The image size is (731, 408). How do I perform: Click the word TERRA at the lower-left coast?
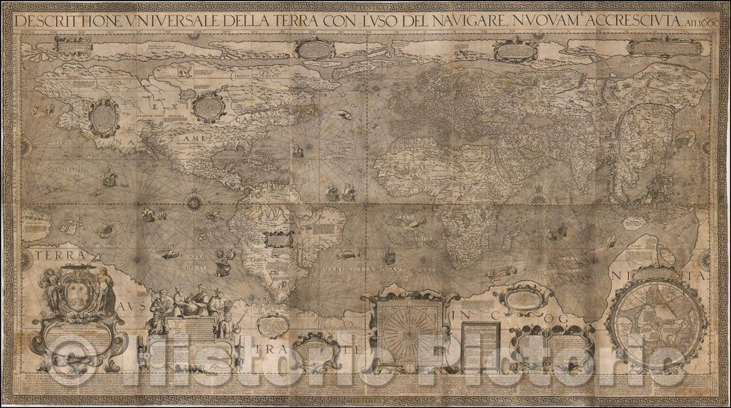click(x=54, y=256)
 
